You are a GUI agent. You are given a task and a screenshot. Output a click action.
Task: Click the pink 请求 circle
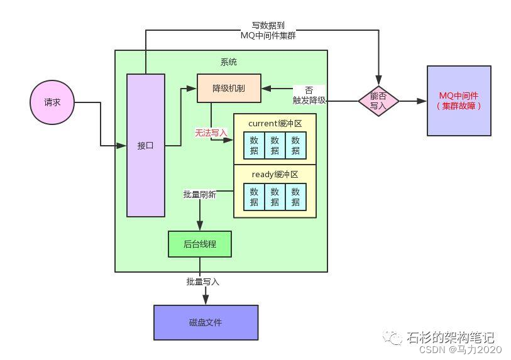[53, 102]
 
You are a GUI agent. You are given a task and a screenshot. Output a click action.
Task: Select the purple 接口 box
[146, 146]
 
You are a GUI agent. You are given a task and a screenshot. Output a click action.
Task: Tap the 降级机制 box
[229, 89]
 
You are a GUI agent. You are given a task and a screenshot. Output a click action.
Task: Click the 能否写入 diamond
[379, 101]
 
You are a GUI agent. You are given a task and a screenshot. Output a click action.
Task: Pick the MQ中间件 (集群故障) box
[459, 101]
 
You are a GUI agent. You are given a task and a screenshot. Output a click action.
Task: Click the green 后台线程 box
[200, 244]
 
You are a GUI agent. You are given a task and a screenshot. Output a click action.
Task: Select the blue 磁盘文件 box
[206, 322]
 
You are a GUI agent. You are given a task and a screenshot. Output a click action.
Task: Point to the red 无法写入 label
[211, 133]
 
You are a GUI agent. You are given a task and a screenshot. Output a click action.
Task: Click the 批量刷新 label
[199, 195]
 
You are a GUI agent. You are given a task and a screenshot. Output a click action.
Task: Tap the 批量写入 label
[203, 282]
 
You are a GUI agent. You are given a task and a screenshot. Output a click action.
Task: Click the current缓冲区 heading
[275, 123]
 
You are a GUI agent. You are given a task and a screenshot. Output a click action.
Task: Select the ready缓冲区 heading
[275, 174]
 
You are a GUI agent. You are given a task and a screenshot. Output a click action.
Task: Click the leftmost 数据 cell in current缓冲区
[254, 145]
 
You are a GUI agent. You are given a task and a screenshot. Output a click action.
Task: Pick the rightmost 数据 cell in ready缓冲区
[295, 197]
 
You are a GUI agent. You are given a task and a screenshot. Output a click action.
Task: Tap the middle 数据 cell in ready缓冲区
[275, 197]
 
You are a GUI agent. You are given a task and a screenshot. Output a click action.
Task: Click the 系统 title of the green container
[229, 62]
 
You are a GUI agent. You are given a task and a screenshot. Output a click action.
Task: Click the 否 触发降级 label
[309, 95]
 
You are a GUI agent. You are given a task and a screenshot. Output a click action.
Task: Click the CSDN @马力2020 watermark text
[460, 349]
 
